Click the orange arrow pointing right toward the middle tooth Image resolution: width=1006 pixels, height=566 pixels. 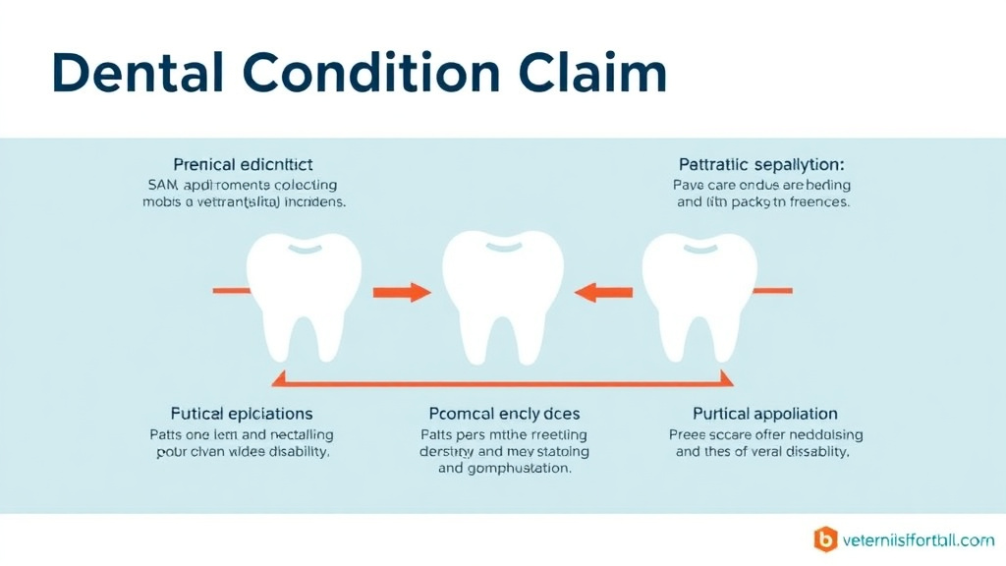(x=402, y=292)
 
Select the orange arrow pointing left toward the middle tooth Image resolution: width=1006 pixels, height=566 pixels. (x=603, y=292)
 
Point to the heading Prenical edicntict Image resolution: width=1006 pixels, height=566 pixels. (x=243, y=164)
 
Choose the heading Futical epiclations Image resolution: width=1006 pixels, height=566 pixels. (x=242, y=414)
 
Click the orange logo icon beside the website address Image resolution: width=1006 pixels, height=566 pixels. (x=825, y=539)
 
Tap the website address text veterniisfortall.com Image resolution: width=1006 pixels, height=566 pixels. (x=918, y=539)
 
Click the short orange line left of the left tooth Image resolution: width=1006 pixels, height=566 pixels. (x=234, y=291)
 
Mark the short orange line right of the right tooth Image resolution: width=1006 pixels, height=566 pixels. (x=773, y=291)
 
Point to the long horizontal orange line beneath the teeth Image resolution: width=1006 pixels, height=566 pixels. (x=503, y=383)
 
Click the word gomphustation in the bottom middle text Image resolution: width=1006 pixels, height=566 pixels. (x=519, y=469)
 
